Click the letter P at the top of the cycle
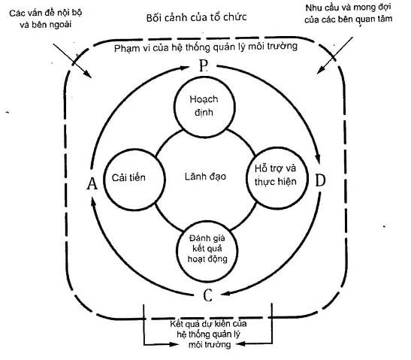tap(204, 65)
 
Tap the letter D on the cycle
tap(320, 180)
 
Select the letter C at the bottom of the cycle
tap(207, 295)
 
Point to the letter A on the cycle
tap(92, 183)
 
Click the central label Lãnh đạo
tap(205, 177)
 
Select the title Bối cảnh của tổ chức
tap(196, 17)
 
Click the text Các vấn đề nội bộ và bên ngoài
tap(46, 19)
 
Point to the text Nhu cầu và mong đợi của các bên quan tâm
tap(349, 14)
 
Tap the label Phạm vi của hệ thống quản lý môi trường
tap(206, 47)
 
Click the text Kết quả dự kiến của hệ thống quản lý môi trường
tap(208, 334)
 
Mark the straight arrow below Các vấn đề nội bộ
tap(72, 61)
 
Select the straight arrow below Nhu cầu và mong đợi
tap(334, 56)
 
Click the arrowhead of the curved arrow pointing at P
tap(183, 68)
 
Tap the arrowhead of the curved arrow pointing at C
tap(226, 293)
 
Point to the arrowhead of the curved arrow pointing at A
tap(93, 202)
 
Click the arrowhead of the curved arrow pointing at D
tap(317, 158)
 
